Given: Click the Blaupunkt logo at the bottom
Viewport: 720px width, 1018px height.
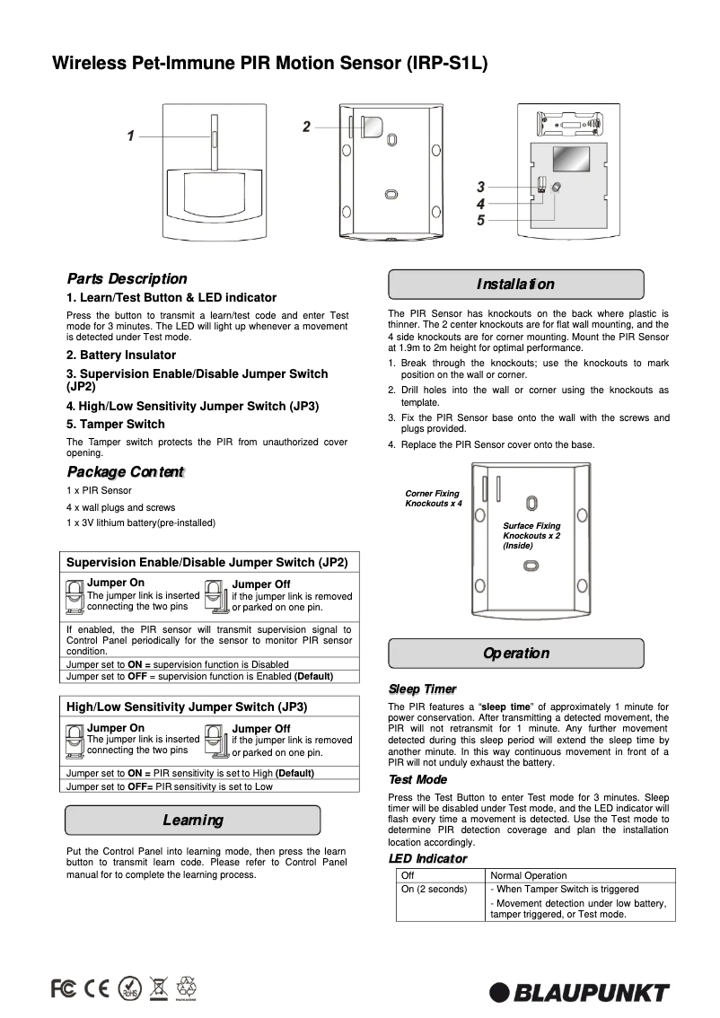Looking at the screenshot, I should (579, 992).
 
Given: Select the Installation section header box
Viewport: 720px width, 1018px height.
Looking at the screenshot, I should (515, 285).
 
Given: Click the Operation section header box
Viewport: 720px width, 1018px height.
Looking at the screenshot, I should (515, 654).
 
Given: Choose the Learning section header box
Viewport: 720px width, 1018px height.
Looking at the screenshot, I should (193, 821).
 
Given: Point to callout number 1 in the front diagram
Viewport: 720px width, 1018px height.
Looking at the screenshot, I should (130, 136).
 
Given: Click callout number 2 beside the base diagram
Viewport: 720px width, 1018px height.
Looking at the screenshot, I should (306, 127).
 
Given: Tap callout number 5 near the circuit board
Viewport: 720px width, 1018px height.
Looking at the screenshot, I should (481, 220).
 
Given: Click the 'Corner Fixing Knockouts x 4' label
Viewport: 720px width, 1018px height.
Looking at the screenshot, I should (433, 499).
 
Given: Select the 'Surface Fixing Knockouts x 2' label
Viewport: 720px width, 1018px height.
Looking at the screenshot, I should (531, 535).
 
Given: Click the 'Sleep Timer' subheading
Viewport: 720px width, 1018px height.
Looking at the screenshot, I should (422, 689).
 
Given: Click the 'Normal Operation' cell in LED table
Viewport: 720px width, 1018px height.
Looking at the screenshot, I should (529, 875).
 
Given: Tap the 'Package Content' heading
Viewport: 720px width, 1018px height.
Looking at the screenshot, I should (126, 472).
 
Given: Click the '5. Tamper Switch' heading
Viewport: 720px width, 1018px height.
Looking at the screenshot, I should (116, 424).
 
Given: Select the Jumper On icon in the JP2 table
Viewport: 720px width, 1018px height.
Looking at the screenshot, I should (75, 595).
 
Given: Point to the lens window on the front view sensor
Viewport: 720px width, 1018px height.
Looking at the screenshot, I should (215, 197).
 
